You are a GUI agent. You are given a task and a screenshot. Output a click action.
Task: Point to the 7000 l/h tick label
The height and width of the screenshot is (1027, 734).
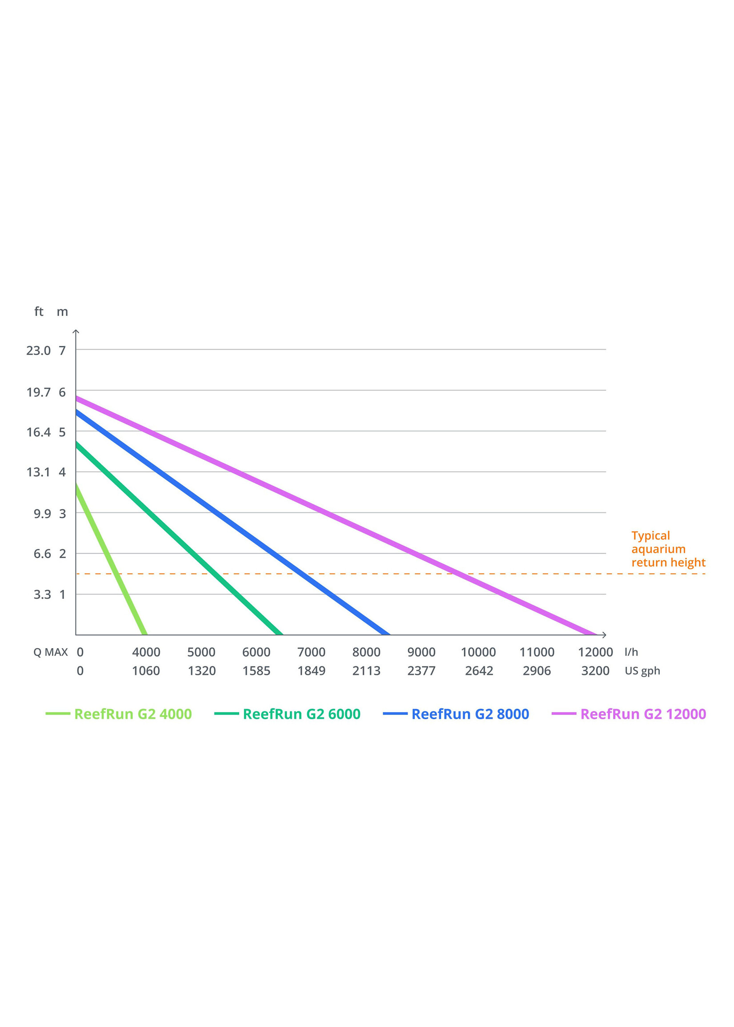[x=311, y=652]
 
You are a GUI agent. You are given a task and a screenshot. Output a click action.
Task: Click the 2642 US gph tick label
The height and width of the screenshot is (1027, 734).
[x=479, y=671]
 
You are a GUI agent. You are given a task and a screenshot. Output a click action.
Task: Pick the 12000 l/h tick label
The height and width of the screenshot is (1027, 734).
[x=595, y=652]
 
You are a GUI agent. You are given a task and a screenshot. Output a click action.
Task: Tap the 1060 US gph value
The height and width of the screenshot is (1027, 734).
[x=146, y=671]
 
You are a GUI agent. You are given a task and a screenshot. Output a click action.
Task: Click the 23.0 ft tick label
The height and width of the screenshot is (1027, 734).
[x=38, y=351]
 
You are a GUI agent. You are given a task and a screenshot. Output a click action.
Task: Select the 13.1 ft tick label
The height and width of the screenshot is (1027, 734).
[x=38, y=472]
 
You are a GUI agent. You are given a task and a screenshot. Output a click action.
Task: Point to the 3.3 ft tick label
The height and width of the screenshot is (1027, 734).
[x=42, y=595]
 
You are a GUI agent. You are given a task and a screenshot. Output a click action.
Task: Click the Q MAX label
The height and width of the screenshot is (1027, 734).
[x=51, y=652]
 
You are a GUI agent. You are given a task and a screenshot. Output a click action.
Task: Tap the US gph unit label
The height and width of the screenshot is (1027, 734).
[x=642, y=671]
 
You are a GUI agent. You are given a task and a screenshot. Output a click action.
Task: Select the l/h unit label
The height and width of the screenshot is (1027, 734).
[x=631, y=652]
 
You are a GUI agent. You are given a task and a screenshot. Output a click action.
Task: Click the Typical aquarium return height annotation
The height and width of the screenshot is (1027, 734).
[x=668, y=549]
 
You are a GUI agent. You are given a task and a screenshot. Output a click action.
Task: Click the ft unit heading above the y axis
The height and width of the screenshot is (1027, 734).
[x=39, y=312]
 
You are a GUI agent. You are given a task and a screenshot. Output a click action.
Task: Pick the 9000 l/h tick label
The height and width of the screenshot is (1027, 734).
[x=421, y=652]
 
